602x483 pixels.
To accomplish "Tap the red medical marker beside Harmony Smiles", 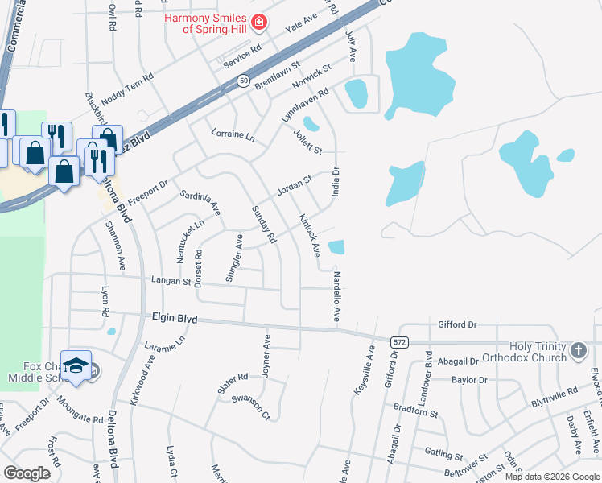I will tap(258, 23).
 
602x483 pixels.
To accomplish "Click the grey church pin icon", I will tap(577, 351).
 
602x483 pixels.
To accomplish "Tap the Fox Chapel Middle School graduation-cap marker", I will tap(76, 365).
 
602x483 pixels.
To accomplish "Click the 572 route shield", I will tap(402, 341).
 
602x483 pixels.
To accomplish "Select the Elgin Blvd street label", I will tap(175, 319).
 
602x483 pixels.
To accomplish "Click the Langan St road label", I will tap(170, 282).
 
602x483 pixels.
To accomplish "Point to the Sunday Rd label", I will tap(264, 225).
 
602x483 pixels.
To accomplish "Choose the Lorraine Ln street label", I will tap(232, 136).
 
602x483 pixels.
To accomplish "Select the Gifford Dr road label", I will tap(457, 324).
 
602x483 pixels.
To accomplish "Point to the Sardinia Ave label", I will tap(200, 202).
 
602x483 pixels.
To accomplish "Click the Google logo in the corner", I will tap(27, 473).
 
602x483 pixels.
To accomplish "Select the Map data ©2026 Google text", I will tap(551, 477).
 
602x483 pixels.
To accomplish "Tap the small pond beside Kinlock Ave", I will tap(336, 247).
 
